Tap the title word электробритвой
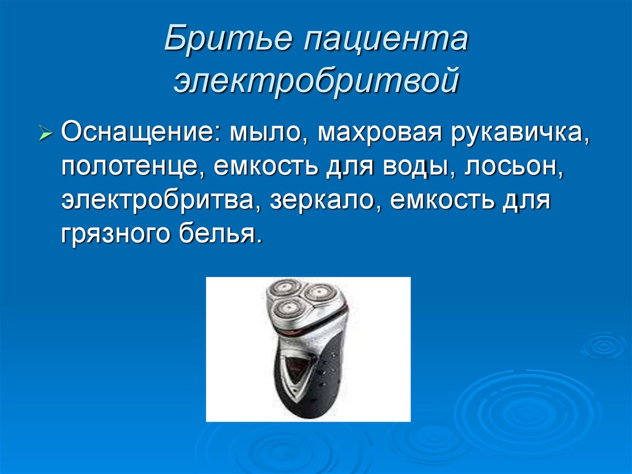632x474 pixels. pyautogui.click(x=315, y=83)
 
